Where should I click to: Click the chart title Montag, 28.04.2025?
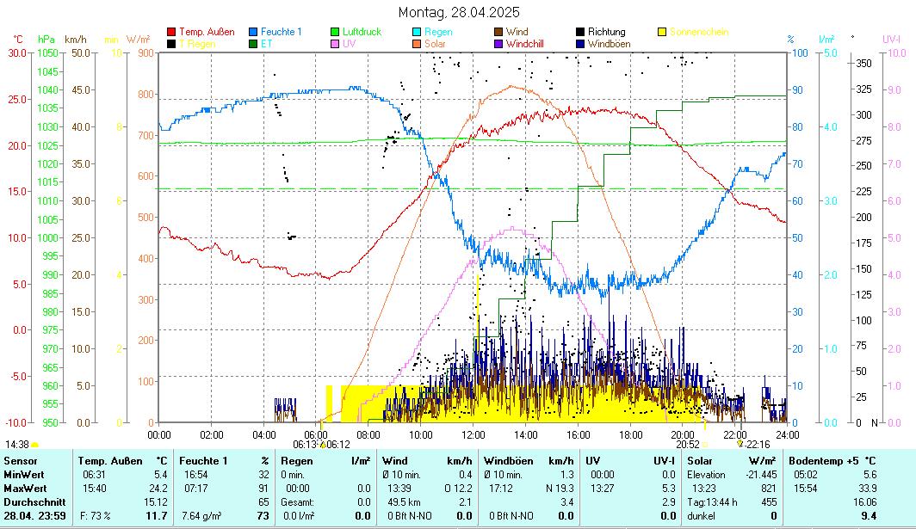point(459,12)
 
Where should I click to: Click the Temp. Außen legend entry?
point(207,32)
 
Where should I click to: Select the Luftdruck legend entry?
point(362,32)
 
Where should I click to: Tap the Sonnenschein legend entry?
point(698,32)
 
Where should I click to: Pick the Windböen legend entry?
point(610,43)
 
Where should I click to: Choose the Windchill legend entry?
point(530,43)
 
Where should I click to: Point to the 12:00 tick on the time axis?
point(474,434)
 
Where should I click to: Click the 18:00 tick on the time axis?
point(631,434)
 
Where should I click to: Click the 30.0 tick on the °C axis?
point(17,52)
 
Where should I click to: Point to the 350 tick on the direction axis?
point(863,63)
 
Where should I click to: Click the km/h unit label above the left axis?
point(75,40)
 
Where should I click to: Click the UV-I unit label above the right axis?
point(891,40)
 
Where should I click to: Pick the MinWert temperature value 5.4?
point(158,474)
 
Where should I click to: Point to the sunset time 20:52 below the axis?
point(687,445)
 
